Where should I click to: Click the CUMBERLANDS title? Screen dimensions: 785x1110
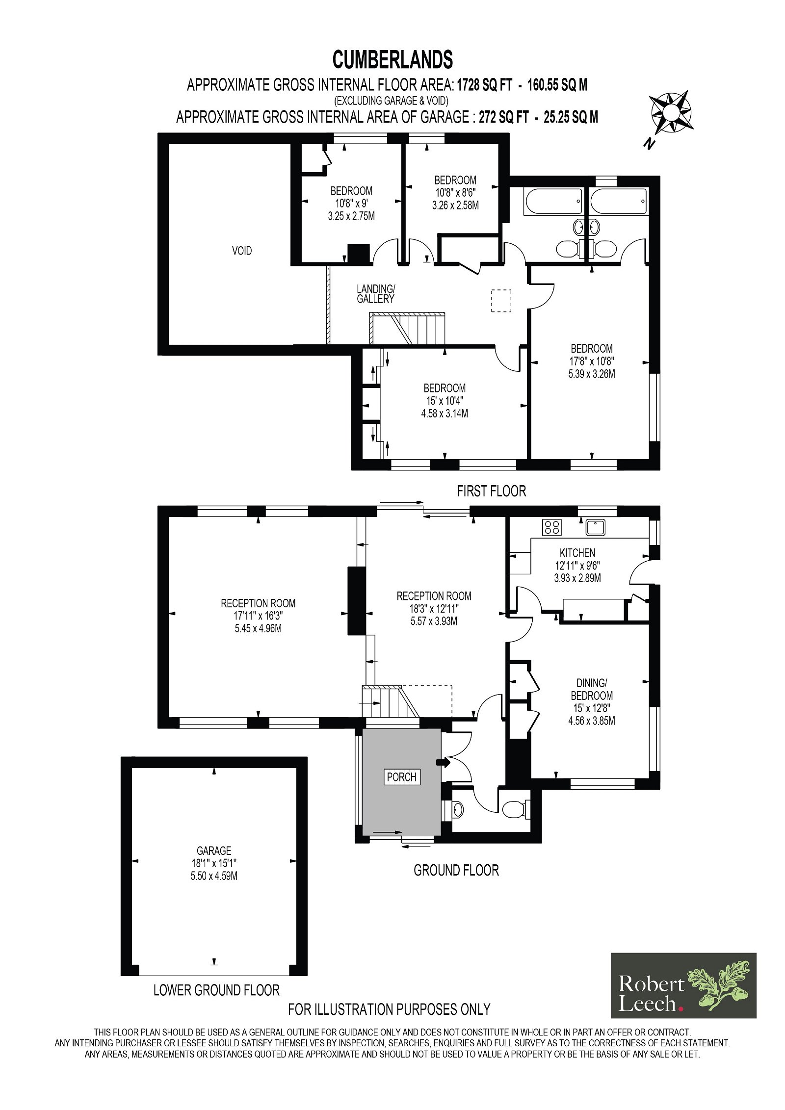tap(392, 60)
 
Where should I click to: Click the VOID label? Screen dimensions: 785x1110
tap(242, 251)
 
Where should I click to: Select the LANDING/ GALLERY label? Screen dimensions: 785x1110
tap(375, 293)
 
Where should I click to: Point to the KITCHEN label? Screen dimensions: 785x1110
tap(577, 553)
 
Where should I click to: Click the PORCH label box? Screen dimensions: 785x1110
tap(401, 777)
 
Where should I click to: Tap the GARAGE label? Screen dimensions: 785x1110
tap(214, 851)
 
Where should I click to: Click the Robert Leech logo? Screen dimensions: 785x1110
tap(683, 993)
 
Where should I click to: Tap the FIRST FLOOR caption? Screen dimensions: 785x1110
tap(492, 491)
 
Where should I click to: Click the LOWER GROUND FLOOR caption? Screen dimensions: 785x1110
tap(216, 990)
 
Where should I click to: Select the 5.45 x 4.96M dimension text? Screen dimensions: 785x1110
tap(258, 628)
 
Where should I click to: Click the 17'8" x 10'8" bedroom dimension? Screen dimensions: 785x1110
tap(592, 361)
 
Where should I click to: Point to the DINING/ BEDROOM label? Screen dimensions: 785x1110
tap(592, 689)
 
